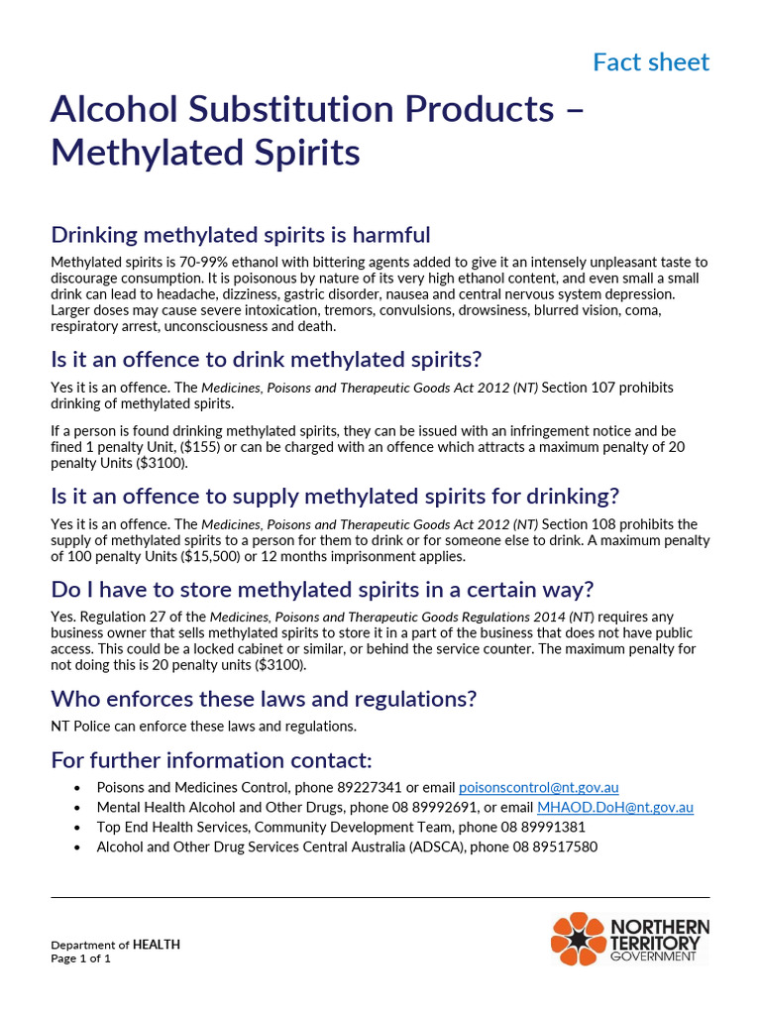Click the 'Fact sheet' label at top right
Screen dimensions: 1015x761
[x=650, y=62]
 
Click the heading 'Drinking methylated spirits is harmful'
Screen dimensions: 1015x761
[x=241, y=235]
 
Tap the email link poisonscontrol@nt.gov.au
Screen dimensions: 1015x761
[x=538, y=787]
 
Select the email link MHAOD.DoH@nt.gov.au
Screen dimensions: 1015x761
[x=614, y=807]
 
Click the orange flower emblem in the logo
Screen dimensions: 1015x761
[x=578, y=939]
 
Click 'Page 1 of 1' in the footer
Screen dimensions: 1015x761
[x=81, y=959]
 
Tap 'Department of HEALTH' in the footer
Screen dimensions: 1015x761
[x=116, y=945]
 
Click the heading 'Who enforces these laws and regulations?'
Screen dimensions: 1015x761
[x=264, y=699]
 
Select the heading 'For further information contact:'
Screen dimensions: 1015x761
[x=211, y=760]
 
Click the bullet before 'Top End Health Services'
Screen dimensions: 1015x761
[x=78, y=828]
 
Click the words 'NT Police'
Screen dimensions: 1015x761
[x=80, y=726]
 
